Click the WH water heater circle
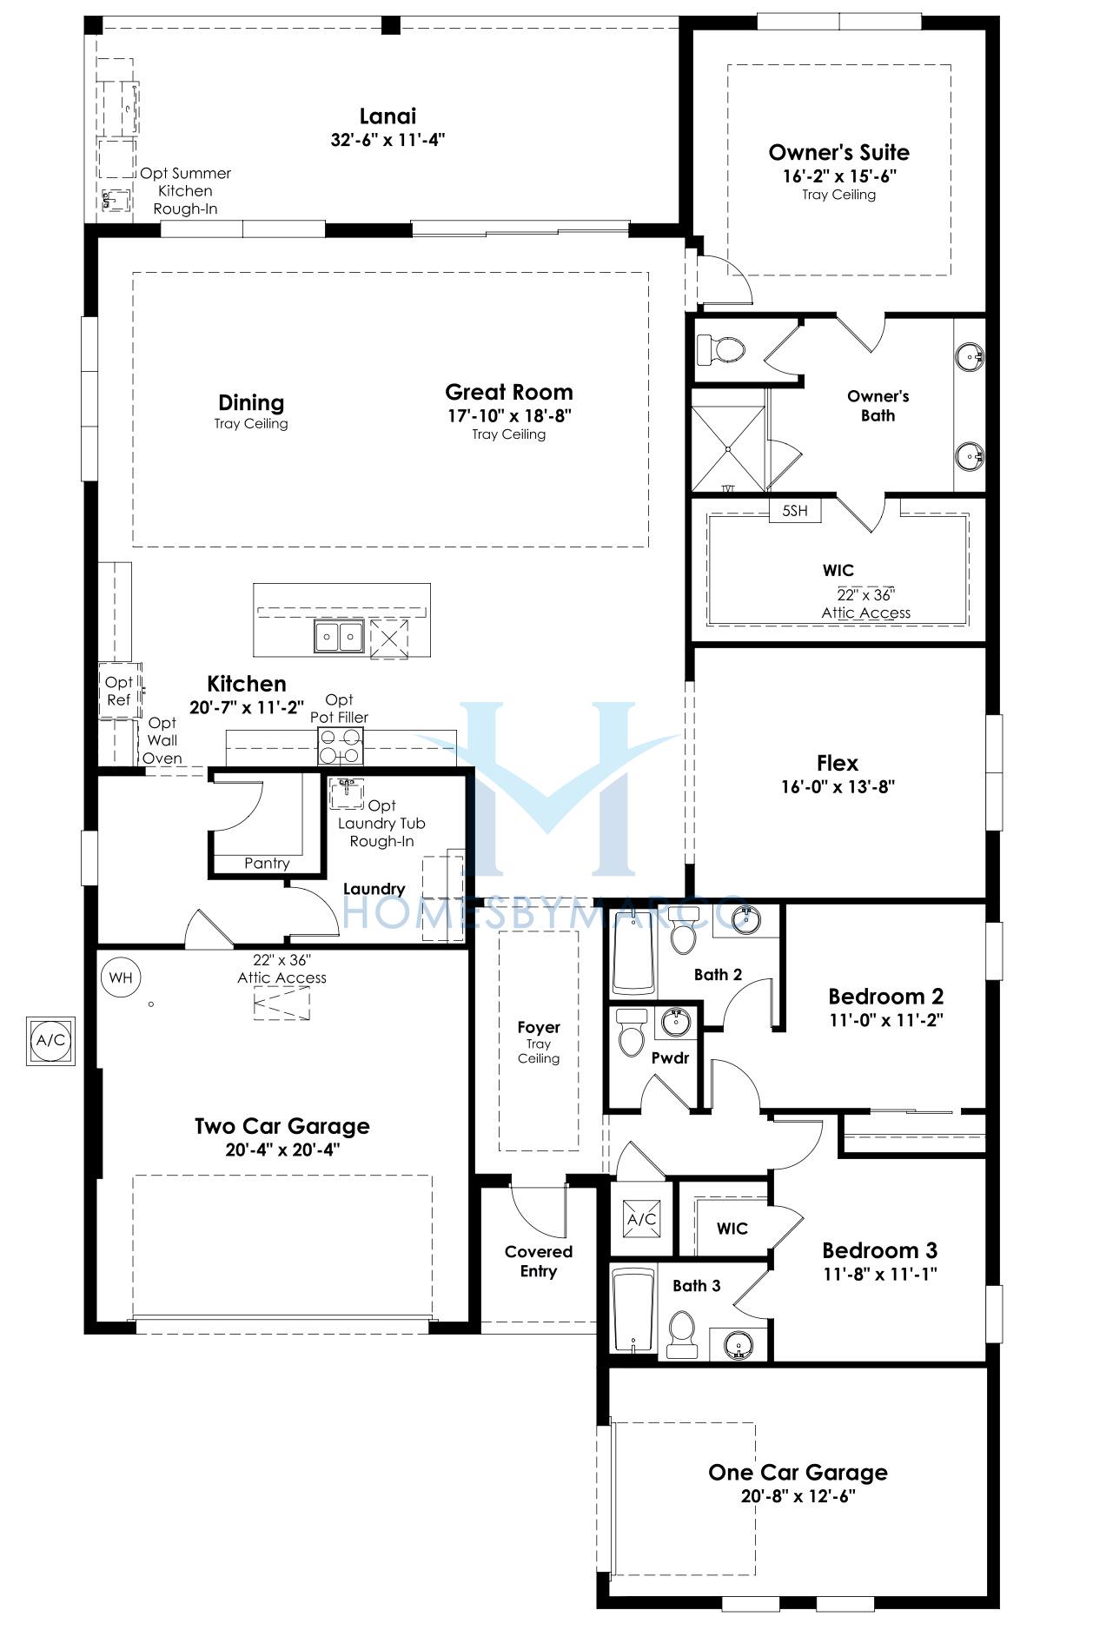[x=121, y=977]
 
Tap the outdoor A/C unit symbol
[x=50, y=1040]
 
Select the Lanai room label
[x=388, y=116]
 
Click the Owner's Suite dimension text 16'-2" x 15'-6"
[x=838, y=176]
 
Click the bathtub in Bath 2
[x=633, y=952]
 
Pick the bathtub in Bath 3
[x=633, y=1312]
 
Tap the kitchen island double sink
[x=339, y=637]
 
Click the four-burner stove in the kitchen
[x=341, y=745]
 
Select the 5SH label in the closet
[x=795, y=510]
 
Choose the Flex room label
[x=838, y=763]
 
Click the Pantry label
[x=267, y=863]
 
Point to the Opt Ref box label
[x=118, y=691]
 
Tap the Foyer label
[x=539, y=1027]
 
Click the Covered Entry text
[x=539, y=1262]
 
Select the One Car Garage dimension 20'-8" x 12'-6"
[x=798, y=1496]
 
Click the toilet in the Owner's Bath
[x=721, y=350]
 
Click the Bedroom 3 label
[x=879, y=1250]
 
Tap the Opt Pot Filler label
[x=340, y=708]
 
